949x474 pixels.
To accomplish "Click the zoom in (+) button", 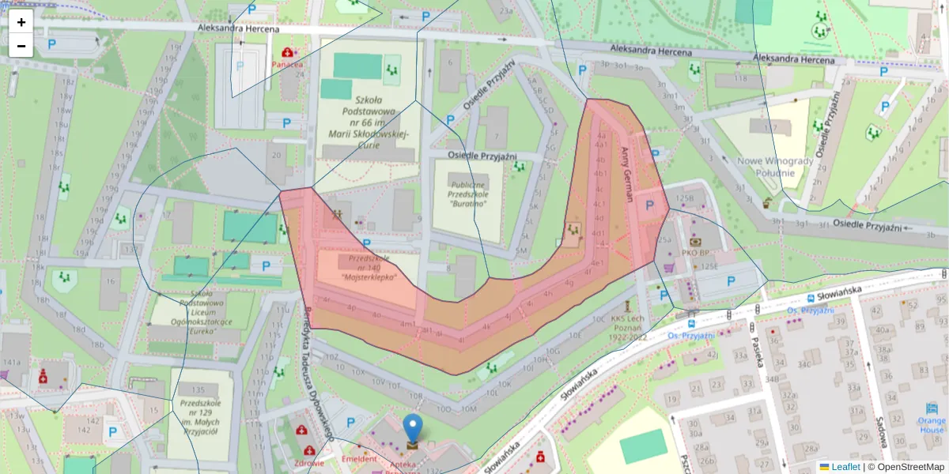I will pos(21,22).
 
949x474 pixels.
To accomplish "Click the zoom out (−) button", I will pos(21,46).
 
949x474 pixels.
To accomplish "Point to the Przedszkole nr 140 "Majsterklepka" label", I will pos(369,268).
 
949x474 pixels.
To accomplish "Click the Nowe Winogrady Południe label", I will pos(775,167).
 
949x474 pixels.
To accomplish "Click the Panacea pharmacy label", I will pos(287,64).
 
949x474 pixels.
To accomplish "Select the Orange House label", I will pos(932,425).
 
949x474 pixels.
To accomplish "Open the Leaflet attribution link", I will pos(845,467).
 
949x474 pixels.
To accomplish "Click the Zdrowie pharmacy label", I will pos(308,463).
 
